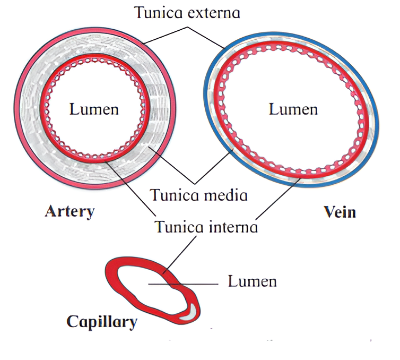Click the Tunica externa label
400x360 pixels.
coord(187,12)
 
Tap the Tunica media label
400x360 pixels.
coord(198,195)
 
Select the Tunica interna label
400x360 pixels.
coord(206,227)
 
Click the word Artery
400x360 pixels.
coord(69,211)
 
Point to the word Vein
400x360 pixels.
coord(340,212)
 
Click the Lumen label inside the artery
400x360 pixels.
coord(94,109)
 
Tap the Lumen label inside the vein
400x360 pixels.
coord(293,109)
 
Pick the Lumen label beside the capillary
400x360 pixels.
coord(253,280)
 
